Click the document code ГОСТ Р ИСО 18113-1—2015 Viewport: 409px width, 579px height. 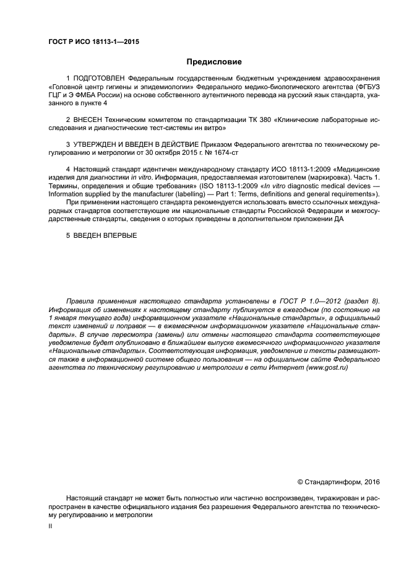(x=93, y=42)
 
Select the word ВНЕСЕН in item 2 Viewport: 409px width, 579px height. (x=91, y=120)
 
